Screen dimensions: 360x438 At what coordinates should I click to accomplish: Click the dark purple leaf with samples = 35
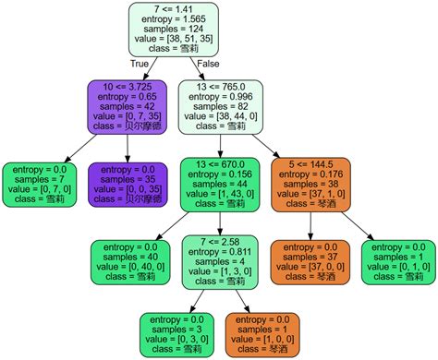[x=125, y=184]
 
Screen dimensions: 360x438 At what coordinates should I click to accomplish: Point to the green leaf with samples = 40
[x=129, y=263]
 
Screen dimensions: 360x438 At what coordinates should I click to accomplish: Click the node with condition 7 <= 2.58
[x=218, y=263]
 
